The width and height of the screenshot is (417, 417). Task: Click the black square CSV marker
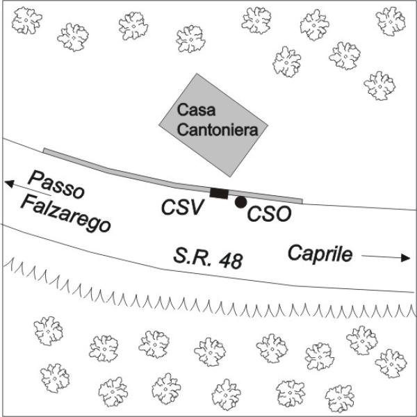tap(219, 193)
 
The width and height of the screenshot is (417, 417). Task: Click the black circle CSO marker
tap(241, 202)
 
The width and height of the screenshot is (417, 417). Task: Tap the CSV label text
tap(182, 207)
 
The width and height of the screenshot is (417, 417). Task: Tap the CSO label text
tap(269, 214)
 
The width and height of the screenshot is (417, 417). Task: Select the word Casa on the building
tap(196, 110)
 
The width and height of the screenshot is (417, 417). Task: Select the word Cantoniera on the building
tap(218, 130)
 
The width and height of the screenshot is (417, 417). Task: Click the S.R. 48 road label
tap(208, 259)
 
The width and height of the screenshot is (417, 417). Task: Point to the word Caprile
tap(320, 254)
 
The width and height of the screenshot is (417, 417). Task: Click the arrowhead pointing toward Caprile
tap(405, 257)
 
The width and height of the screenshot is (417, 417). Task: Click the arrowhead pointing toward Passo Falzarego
tap(9, 183)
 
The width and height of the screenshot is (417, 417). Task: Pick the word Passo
tap(56, 185)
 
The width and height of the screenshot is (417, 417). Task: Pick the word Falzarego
tap(65, 213)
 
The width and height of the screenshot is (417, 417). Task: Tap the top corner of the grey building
tap(197, 74)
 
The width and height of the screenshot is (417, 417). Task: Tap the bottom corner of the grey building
tap(230, 177)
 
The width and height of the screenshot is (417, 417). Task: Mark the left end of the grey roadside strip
tap(44, 151)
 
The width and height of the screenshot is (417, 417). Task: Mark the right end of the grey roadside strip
tap(302, 201)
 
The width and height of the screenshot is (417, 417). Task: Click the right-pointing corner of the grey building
tap(268, 124)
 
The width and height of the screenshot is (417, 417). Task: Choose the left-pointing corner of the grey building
tap(159, 124)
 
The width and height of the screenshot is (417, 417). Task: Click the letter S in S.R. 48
tap(180, 256)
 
